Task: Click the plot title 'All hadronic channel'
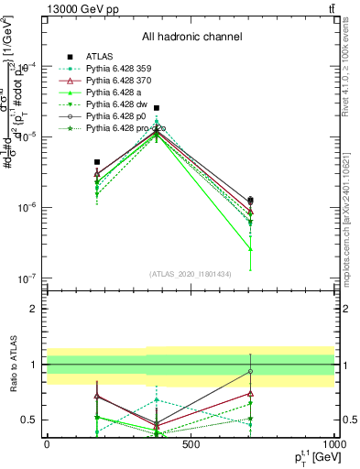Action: pyautogui.click(x=191, y=37)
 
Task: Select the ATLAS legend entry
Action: pyautogui.click(x=100, y=57)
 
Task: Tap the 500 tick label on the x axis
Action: pyautogui.click(x=191, y=444)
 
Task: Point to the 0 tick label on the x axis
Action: pyautogui.click(x=47, y=444)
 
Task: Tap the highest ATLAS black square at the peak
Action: pyautogui.click(x=157, y=108)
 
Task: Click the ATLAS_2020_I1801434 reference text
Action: pyautogui.click(x=191, y=274)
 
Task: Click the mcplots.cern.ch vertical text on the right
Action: pyautogui.click(x=350, y=229)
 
